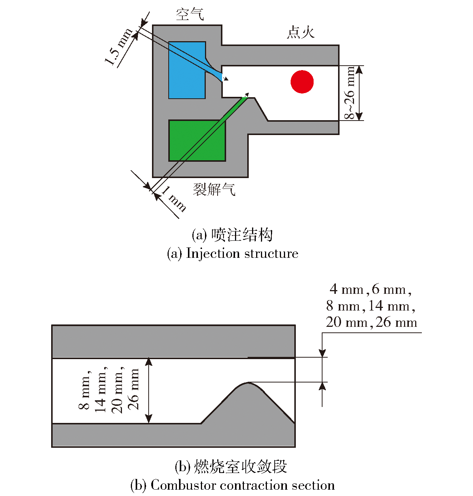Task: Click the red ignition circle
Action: click(302, 82)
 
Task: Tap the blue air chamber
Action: click(187, 70)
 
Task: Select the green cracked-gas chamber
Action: click(197, 141)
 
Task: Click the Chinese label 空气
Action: click(189, 14)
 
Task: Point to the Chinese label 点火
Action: click(301, 32)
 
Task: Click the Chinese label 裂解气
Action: click(214, 189)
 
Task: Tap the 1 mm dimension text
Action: click(174, 198)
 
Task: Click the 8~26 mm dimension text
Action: click(350, 93)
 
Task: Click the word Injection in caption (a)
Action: click(213, 253)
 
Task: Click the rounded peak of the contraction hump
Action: click(248, 383)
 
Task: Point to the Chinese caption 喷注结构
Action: click(242, 235)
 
